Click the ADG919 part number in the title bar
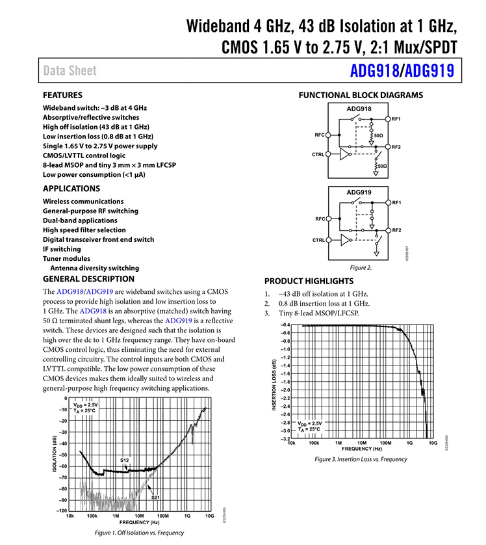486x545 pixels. click(427, 70)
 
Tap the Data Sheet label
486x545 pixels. click(70, 71)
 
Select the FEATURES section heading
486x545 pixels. click(62, 95)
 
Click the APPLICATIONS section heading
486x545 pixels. click(71, 189)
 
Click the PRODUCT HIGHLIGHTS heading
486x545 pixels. click(309, 281)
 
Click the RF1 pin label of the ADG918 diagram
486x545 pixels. click(396, 119)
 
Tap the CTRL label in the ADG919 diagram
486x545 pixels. click(318, 240)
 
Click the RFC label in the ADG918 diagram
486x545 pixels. click(319, 135)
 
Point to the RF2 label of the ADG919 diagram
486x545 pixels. click(396, 231)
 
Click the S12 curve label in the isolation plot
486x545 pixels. click(125, 460)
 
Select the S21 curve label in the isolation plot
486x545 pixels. click(156, 498)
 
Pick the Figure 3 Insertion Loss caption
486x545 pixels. click(360, 459)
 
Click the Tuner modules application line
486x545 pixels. click(66, 258)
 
